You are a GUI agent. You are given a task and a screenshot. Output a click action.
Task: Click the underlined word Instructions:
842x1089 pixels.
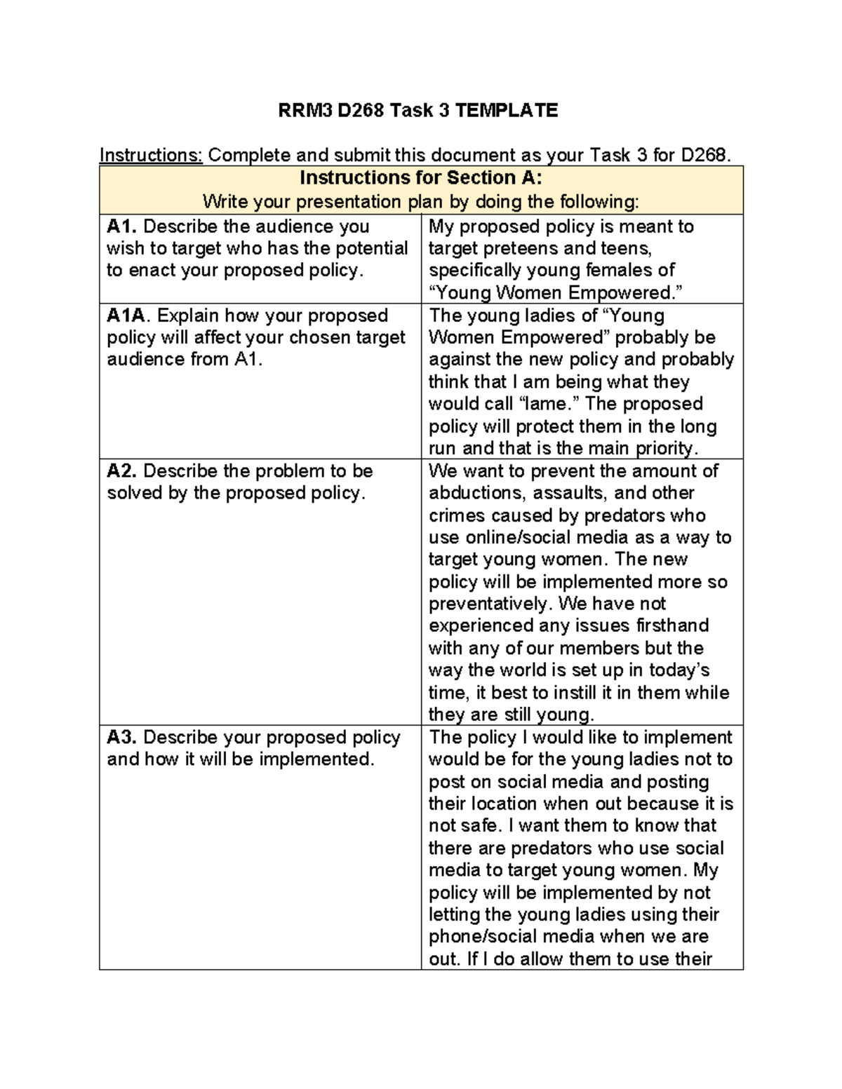(151, 155)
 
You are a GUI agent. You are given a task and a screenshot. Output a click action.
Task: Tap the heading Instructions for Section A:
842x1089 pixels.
(421, 177)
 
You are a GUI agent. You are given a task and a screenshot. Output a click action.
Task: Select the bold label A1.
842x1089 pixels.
(122, 226)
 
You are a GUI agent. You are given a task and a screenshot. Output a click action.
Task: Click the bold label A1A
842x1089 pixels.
(128, 316)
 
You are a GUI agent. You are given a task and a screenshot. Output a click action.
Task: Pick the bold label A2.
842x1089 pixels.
(122, 471)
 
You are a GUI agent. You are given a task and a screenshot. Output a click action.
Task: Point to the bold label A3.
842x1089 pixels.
(122, 737)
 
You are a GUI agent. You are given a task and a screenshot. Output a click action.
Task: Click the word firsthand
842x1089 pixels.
(672, 625)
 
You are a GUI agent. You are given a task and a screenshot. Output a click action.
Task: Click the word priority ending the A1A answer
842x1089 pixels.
(664, 448)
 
